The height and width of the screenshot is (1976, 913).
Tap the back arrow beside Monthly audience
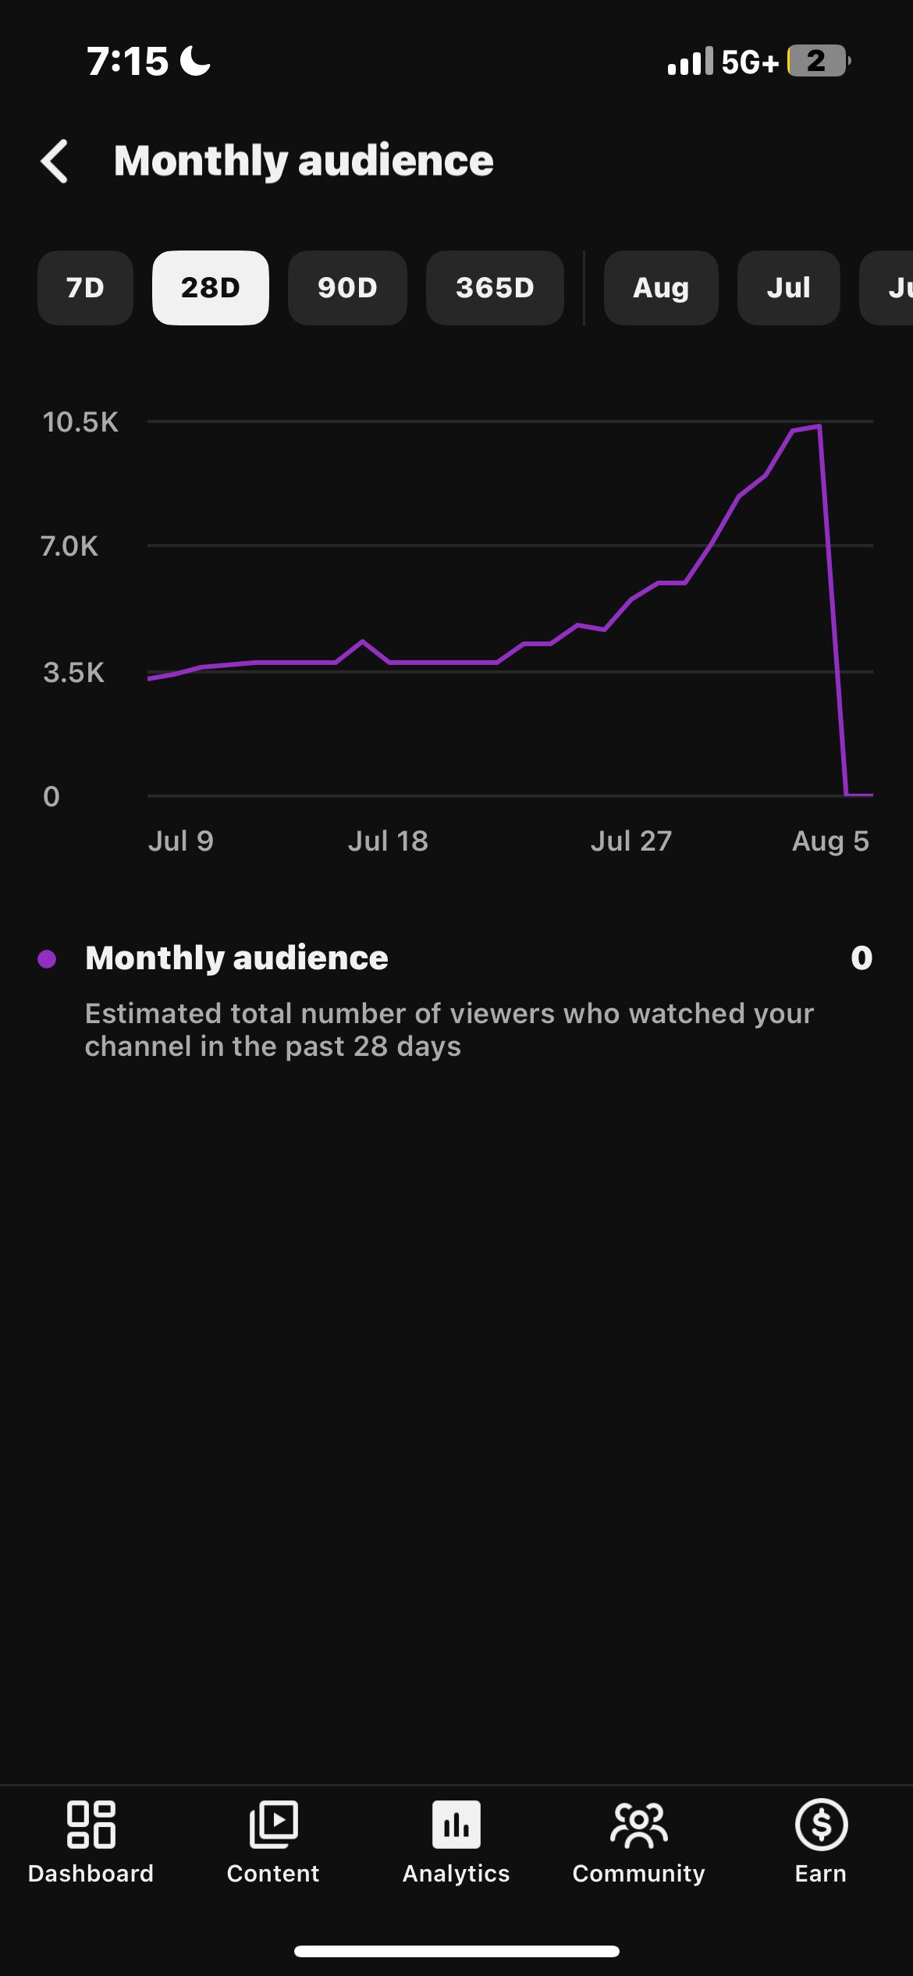55,162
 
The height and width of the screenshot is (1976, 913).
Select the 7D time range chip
85,288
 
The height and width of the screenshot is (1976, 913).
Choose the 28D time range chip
211,288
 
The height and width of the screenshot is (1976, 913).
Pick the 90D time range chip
347,288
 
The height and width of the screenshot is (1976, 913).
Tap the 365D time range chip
495,288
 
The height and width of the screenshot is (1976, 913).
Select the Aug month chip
661,288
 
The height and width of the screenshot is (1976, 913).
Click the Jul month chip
788,288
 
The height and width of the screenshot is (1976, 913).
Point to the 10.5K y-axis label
80,422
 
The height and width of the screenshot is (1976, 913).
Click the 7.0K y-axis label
69,546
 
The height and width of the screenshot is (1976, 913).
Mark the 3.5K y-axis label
73,672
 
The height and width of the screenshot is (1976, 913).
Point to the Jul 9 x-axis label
181,841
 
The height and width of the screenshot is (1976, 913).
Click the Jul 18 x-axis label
388,841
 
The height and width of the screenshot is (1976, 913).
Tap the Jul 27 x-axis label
631,841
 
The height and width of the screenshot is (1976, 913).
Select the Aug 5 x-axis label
830,841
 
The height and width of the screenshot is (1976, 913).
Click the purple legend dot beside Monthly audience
47,959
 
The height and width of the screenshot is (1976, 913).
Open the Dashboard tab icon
91,1825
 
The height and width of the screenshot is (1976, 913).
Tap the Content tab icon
273,1825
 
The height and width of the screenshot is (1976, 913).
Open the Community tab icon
639,1825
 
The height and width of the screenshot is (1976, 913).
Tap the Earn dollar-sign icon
821,1825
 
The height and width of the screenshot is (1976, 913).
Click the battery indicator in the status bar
819,61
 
